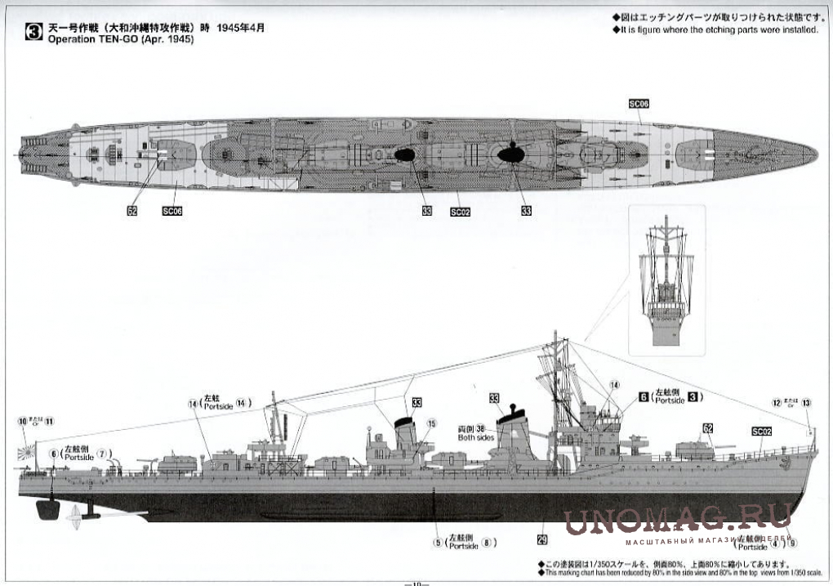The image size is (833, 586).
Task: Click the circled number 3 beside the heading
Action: [x=33, y=34]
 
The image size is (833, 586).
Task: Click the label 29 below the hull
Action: [x=541, y=539]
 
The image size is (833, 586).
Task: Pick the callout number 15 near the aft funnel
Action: [x=431, y=423]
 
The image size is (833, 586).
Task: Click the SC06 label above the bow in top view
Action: [x=639, y=104]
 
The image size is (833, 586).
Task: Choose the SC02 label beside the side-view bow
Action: [x=761, y=432]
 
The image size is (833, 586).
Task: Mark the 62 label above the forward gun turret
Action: [x=708, y=427]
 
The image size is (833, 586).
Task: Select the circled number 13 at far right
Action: [x=807, y=402]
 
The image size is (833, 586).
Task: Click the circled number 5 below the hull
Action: [x=438, y=541]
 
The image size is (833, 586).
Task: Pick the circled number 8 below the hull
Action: [x=488, y=541]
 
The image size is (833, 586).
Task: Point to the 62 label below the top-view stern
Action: [x=132, y=210]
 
